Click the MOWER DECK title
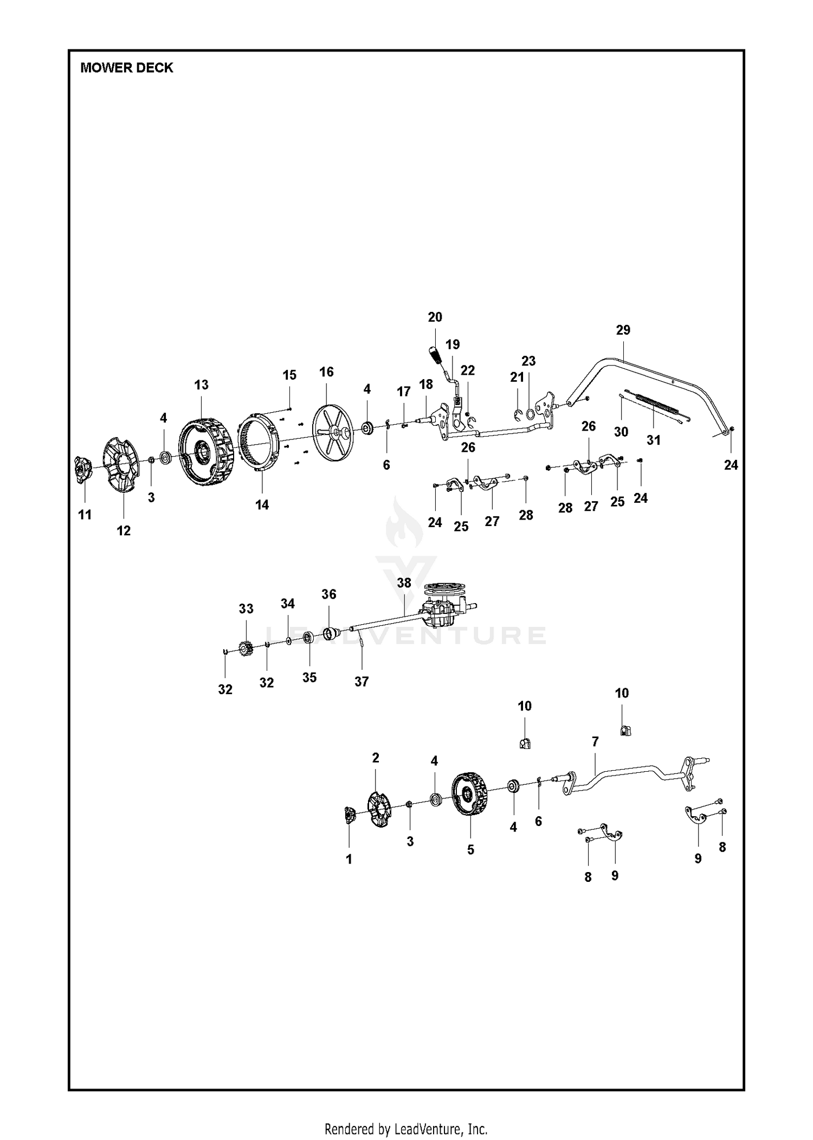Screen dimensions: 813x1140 point(127,68)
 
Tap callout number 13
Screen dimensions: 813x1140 point(201,385)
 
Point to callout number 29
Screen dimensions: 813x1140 point(623,330)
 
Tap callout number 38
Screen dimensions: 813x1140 point(404,582)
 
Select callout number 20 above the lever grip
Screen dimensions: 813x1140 point(435,317)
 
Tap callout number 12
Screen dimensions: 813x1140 point(124,530)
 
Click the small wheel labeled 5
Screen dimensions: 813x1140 point(469,794)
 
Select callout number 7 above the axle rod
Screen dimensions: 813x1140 point(595,741)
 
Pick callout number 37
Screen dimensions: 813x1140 point(362,682)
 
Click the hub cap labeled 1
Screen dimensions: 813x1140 point(349,815)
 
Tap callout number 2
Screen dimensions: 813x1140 point(376,758)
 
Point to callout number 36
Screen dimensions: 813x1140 point(329,594)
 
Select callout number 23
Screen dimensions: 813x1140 point(528,361)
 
